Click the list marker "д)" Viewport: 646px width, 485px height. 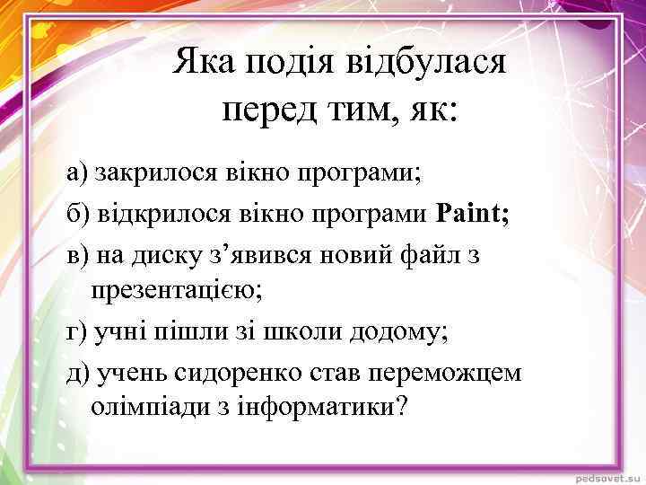tap(78, 371)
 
